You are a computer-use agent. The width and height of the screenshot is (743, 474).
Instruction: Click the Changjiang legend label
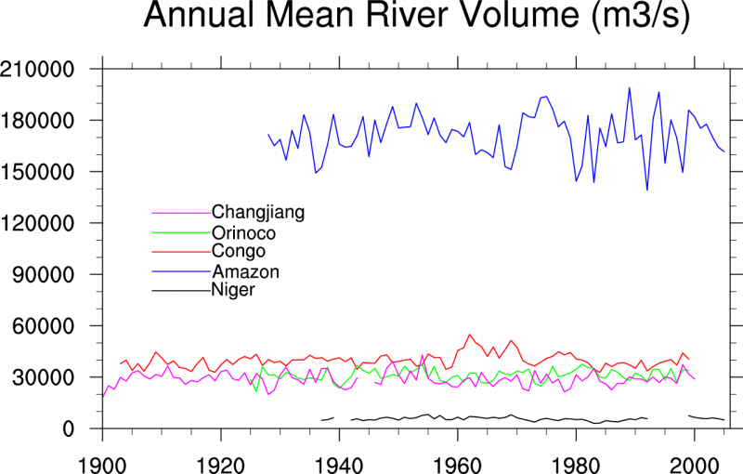click(258, 212)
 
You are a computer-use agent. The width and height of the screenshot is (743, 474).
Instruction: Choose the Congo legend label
click(239, 251)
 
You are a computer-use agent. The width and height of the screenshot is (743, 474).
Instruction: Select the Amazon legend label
click(245, 271)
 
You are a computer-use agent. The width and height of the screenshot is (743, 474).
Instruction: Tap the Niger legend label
click(233, 290)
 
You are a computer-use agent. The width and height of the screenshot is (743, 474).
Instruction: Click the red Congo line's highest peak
click(470, 335)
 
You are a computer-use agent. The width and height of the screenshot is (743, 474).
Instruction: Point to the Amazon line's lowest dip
click(647, 190)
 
